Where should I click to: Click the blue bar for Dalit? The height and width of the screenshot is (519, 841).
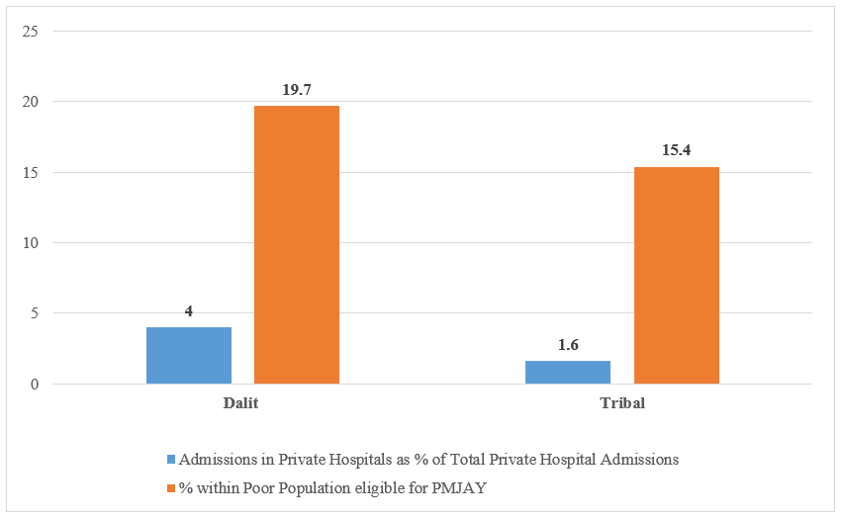point(189,355)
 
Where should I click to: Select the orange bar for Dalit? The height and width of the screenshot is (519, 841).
point(297,244)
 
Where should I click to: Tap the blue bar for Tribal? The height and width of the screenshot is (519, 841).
point(568,372)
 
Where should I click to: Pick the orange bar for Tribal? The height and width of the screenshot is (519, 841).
point(677,275)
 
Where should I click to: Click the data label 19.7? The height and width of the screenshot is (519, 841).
point(297,90)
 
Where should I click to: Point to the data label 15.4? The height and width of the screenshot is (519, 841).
point(677,150)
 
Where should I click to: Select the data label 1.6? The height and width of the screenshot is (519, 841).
point(568,345)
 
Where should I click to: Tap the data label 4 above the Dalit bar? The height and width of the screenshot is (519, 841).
point(189,311)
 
